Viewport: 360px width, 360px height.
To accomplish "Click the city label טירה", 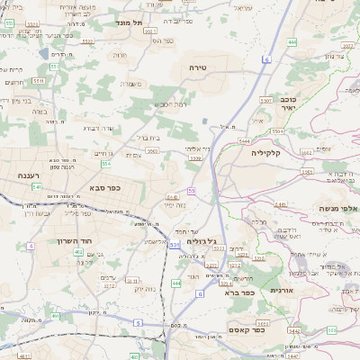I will click(199, 67).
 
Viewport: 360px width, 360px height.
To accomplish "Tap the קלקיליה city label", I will click(268, 152).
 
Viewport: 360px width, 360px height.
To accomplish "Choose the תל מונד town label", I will click(131, 22).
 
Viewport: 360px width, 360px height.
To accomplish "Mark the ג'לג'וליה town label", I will click(204, 240).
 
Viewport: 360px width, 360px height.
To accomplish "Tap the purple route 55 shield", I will click(192, 191).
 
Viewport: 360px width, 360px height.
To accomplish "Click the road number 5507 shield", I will click(265, 101).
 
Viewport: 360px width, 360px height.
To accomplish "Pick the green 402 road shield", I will click(79, 253).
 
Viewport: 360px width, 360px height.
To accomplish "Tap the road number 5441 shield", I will click(280, 205).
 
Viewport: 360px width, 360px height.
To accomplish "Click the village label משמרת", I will click(130, 84).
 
